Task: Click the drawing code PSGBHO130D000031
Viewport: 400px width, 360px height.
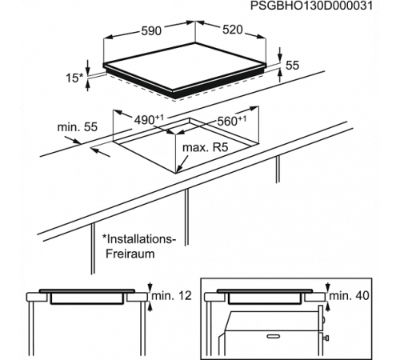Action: pyautogui.click(x=311, y=6)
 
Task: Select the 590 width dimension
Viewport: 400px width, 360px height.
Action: pyautogui.click(x=151, y=31)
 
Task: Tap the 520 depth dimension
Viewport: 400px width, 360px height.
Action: pyautogui.click(x=233, y=30)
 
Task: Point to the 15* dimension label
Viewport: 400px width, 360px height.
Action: pyautogui.click(x=74, y=78)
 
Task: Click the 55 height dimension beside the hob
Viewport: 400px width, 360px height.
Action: pyautogui.click(x=292, y=65)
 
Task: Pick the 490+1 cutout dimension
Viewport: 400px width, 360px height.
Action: pyautogui.click(x=149, y=120)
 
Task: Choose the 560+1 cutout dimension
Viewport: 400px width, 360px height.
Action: pyautogui.click(x=232, y=121)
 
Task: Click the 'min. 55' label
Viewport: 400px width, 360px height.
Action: pyautogui.click(x=78, y=127)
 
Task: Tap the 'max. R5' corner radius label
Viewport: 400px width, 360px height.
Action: pyautogui.click(x=206, y=147)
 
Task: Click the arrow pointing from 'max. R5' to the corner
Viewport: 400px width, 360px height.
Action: pyautogui.click(x=182, y=163)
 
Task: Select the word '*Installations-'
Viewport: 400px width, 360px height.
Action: pyautogui.click(x=139, y=239)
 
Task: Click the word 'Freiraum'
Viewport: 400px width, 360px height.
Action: pyautogui.click(x=130, y=254)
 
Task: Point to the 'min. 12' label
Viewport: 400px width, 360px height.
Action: pyautogui.click(x=172, y=295)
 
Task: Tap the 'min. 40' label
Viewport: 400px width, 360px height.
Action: pyautogui.click(x=350, y=295)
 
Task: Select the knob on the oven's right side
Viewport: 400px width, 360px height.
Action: pyautogui.click(x=326, y=338)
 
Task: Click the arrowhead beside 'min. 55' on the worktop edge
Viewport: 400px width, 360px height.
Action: pyautogui.click(x=76, y=141)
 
